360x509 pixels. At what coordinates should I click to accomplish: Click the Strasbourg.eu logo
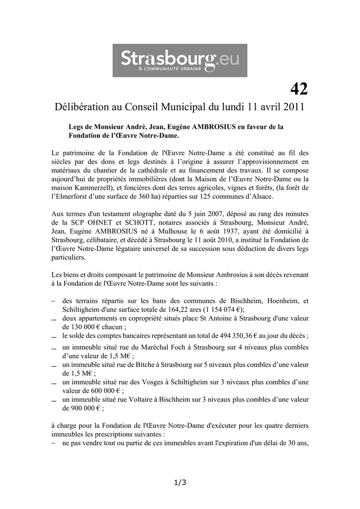click(x=180, y=60)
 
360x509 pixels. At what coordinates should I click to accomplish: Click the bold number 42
click(x=299, y=89)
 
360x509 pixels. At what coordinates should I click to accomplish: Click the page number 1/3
click(x=180, y=482)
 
